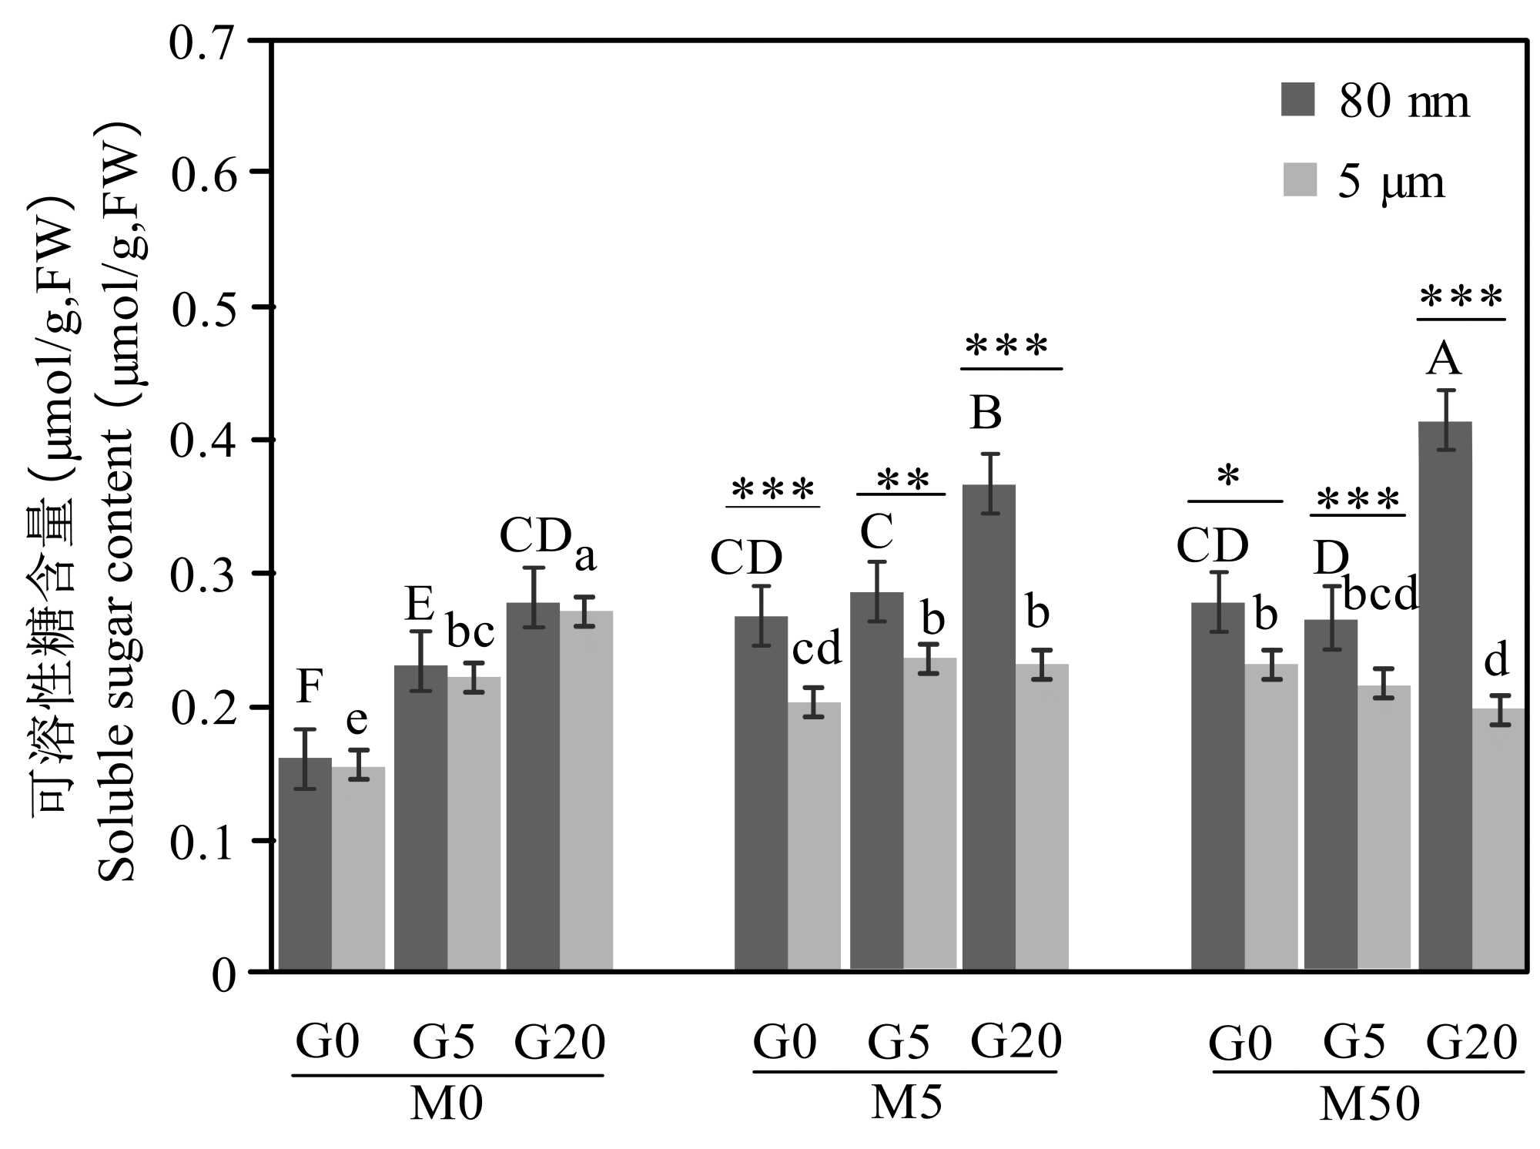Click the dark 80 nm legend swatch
(1297, 99)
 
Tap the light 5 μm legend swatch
(1299, 179)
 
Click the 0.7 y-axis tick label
(201, 43)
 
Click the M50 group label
(1369, 1104)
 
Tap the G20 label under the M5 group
(1016, 1041)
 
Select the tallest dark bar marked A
(1445, 693)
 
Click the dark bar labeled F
(305, 863)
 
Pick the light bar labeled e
(359, 866)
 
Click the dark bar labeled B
(989, 724)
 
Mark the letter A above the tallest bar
(1443, 360)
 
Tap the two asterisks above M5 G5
(902, 481)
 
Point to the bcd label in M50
(1380, 594)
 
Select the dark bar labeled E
(420, 816)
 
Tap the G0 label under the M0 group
(327, 1042)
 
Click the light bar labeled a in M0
(586, 789)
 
